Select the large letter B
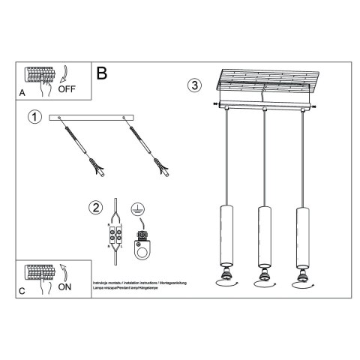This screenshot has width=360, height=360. point(102,73)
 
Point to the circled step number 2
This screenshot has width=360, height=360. point(94,208)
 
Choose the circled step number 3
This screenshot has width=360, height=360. point(195,85)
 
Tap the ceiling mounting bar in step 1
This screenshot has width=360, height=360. point(90,118)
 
